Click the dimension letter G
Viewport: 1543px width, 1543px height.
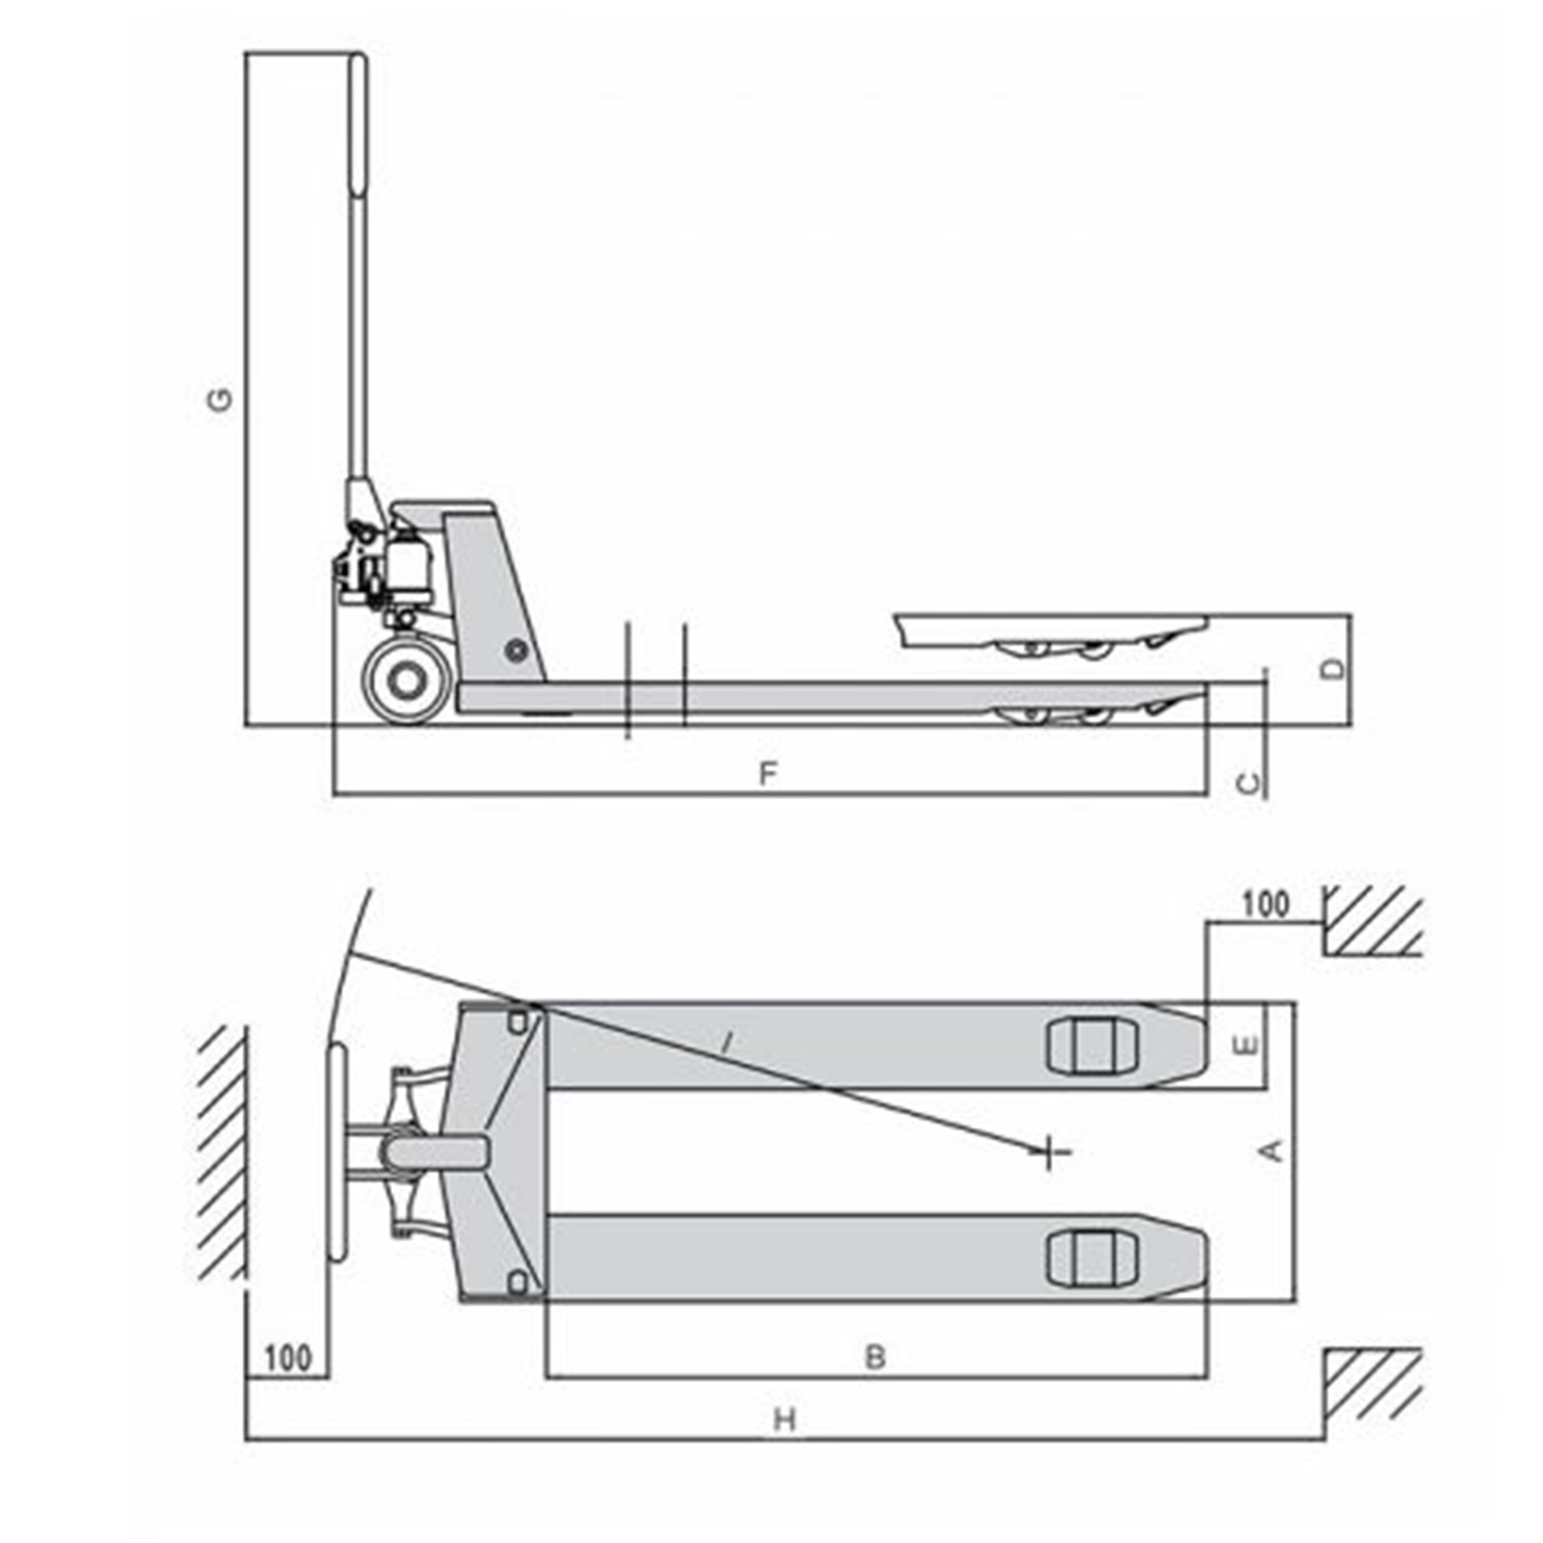[x=221, y=399]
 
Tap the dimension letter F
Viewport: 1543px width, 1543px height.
[x=768, y=774]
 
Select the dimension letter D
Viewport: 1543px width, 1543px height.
[x=1332, y=669]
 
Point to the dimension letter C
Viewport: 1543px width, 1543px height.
[x=1250, y=782]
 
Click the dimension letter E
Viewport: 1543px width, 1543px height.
[x=1248, y=1046]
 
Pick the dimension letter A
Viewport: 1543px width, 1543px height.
[x=1273, y=1150]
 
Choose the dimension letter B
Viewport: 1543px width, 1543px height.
[x=875, y=1357]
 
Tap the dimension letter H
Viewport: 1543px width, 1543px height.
[x=785, y=1420]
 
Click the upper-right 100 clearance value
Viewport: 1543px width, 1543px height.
[x=1264, y=904]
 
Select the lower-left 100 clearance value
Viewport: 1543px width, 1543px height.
[x=288, y=1359]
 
